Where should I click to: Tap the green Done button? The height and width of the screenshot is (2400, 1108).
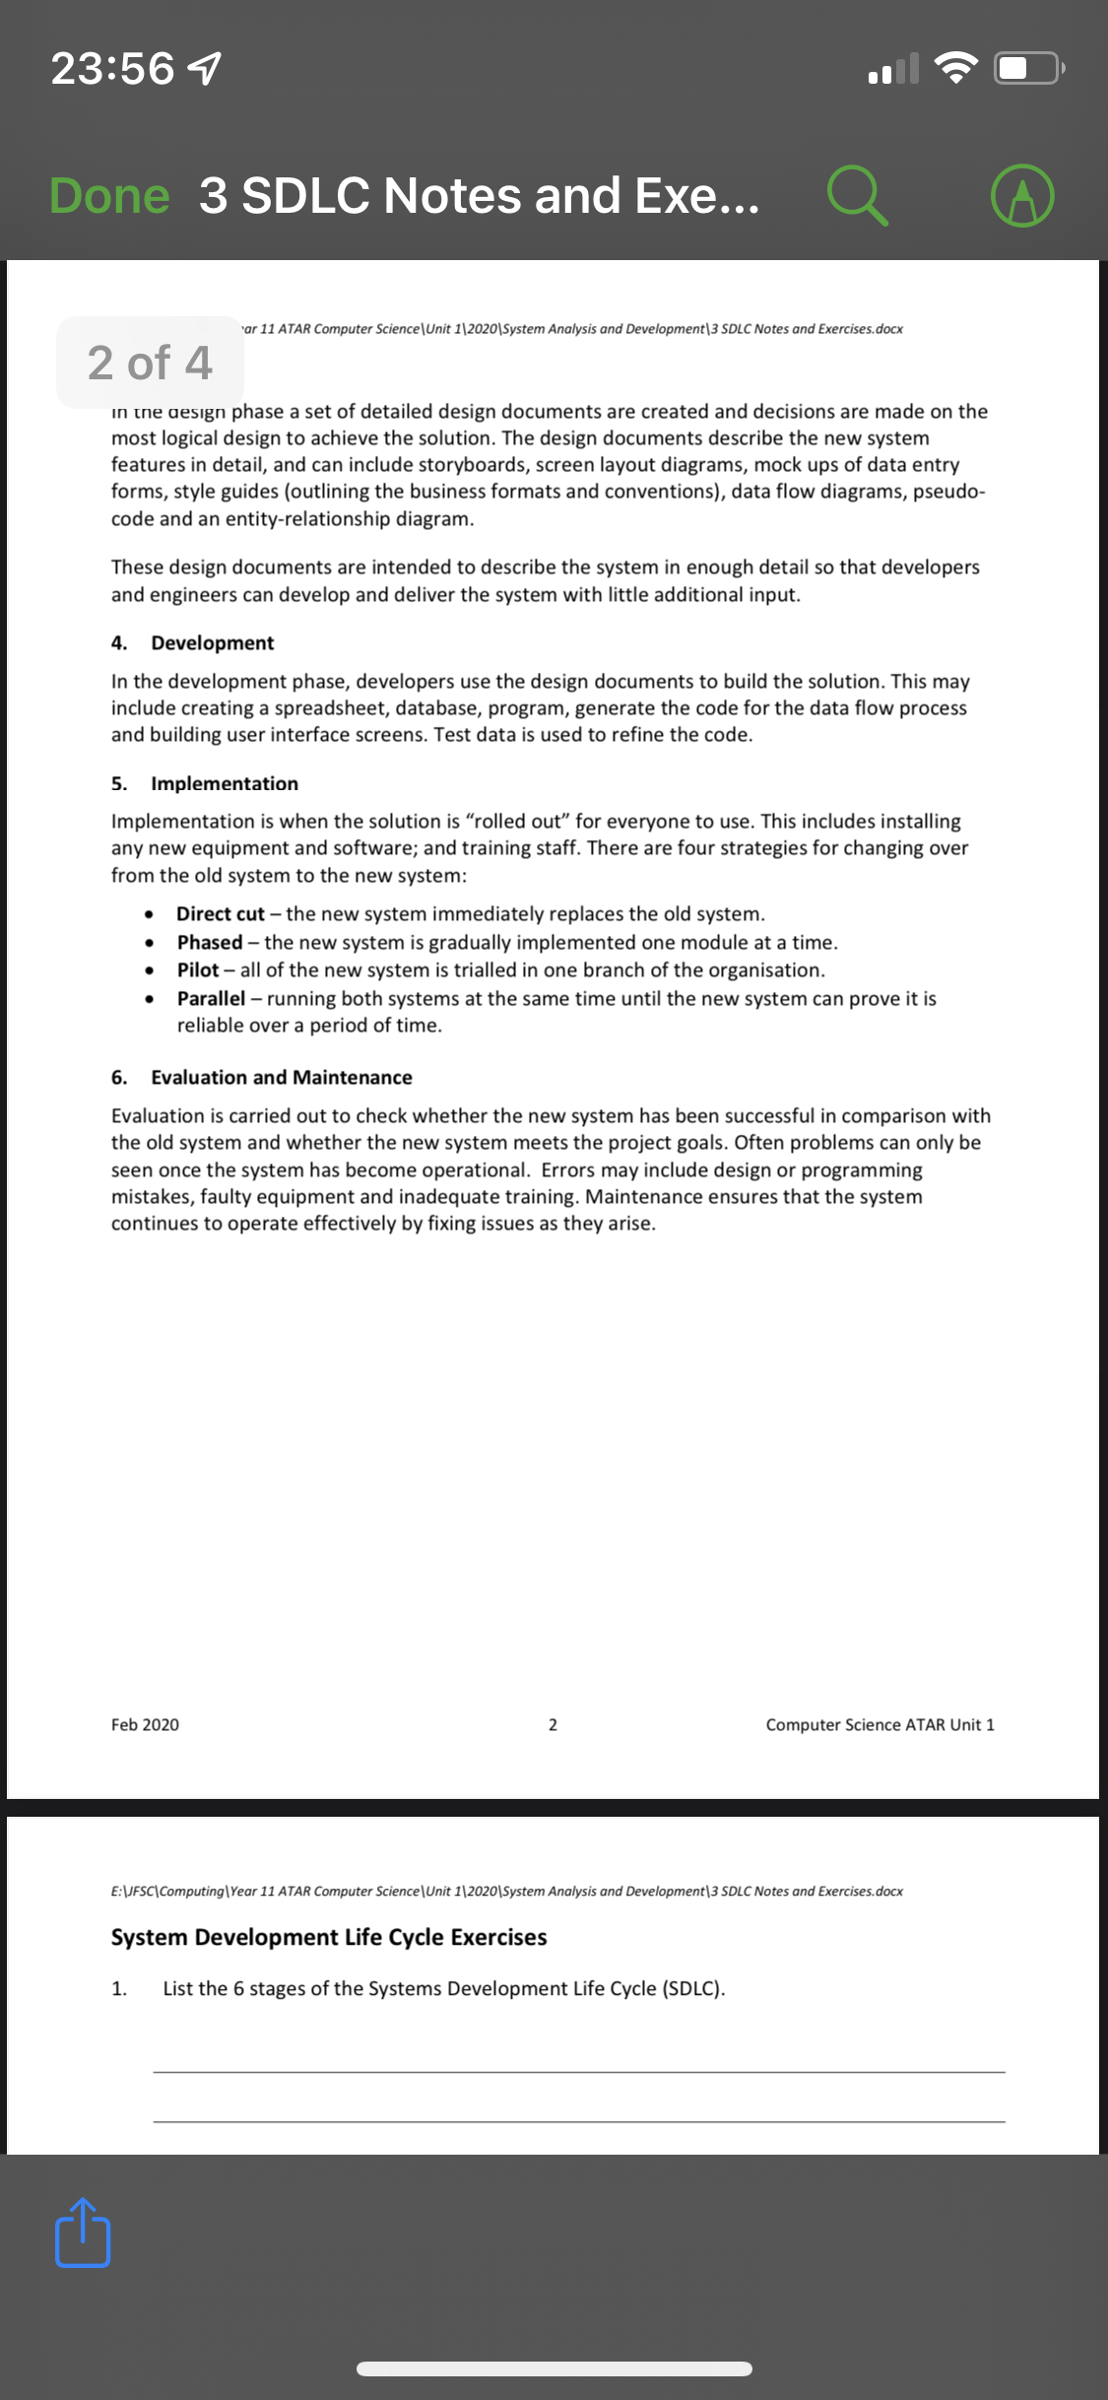click(x=109, y=195)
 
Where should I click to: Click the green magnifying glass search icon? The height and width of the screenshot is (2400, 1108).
click(x=857, y=195)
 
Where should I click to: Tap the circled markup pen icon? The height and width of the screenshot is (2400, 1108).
click(x=1023, y=195)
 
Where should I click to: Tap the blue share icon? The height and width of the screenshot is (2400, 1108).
click(x=83, y=2232)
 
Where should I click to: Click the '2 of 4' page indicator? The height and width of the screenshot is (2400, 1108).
click(x=150, y=363)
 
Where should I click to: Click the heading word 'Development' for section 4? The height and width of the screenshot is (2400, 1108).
click(x=212, y=643)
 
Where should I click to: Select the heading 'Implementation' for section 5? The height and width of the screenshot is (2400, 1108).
click(x=225, y=784)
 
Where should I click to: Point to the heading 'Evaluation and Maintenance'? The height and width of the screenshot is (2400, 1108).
click(x=282, y=1078)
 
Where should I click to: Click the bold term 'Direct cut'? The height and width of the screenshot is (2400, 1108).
click(x=221, y=914)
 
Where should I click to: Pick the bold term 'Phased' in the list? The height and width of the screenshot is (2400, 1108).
click(x=210, y=943)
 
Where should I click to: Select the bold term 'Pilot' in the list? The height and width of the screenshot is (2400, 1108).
click(x=198, y=970)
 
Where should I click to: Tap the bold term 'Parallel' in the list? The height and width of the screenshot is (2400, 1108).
click(x=211, y=999)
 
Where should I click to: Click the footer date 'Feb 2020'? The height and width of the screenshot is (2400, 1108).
click(x=145, y=1725)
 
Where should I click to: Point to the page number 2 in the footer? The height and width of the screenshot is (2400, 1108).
click(x=553, y=1725)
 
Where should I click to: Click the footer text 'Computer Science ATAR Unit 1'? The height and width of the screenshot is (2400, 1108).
click(x=880, y=1725)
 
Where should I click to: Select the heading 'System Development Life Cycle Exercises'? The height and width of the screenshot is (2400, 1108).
click(x=329, y=1937)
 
